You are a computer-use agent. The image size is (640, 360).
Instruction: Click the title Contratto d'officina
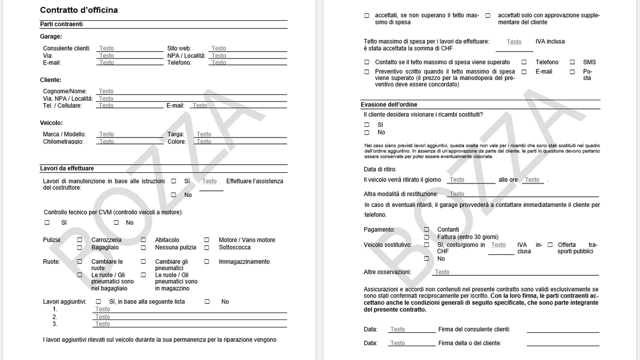pos(79,10)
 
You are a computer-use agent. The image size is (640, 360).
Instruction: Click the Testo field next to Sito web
pos(219,49)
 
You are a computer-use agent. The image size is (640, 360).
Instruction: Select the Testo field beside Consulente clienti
pos(107,49)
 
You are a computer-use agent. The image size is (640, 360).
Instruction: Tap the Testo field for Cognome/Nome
pos(106,92)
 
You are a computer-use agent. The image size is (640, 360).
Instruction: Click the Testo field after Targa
pos(204,134)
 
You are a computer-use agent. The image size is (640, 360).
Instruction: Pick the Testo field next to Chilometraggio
pos(107,142)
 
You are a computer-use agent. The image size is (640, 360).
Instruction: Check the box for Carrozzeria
pos(80,240)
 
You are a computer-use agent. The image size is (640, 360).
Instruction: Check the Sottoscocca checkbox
pos(206,247)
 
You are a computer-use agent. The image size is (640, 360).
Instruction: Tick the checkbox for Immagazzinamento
pos(206,262)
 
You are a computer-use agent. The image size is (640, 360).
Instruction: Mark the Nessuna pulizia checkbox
pos(143,247)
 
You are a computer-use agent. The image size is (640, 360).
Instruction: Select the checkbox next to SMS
pos(572,62)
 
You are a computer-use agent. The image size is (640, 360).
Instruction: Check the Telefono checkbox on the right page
pos(524,62)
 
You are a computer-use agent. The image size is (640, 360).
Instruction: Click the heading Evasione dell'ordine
pos(389,105)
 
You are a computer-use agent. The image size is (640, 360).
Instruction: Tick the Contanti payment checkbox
pos(427,230)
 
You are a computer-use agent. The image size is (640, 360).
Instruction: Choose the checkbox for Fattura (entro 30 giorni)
pos(427,237)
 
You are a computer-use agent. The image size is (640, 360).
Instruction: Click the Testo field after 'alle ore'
pos(532,180)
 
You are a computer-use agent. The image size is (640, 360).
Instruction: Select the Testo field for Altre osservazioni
pos(442,272)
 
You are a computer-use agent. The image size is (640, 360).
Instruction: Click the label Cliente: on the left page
pos(51,80)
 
